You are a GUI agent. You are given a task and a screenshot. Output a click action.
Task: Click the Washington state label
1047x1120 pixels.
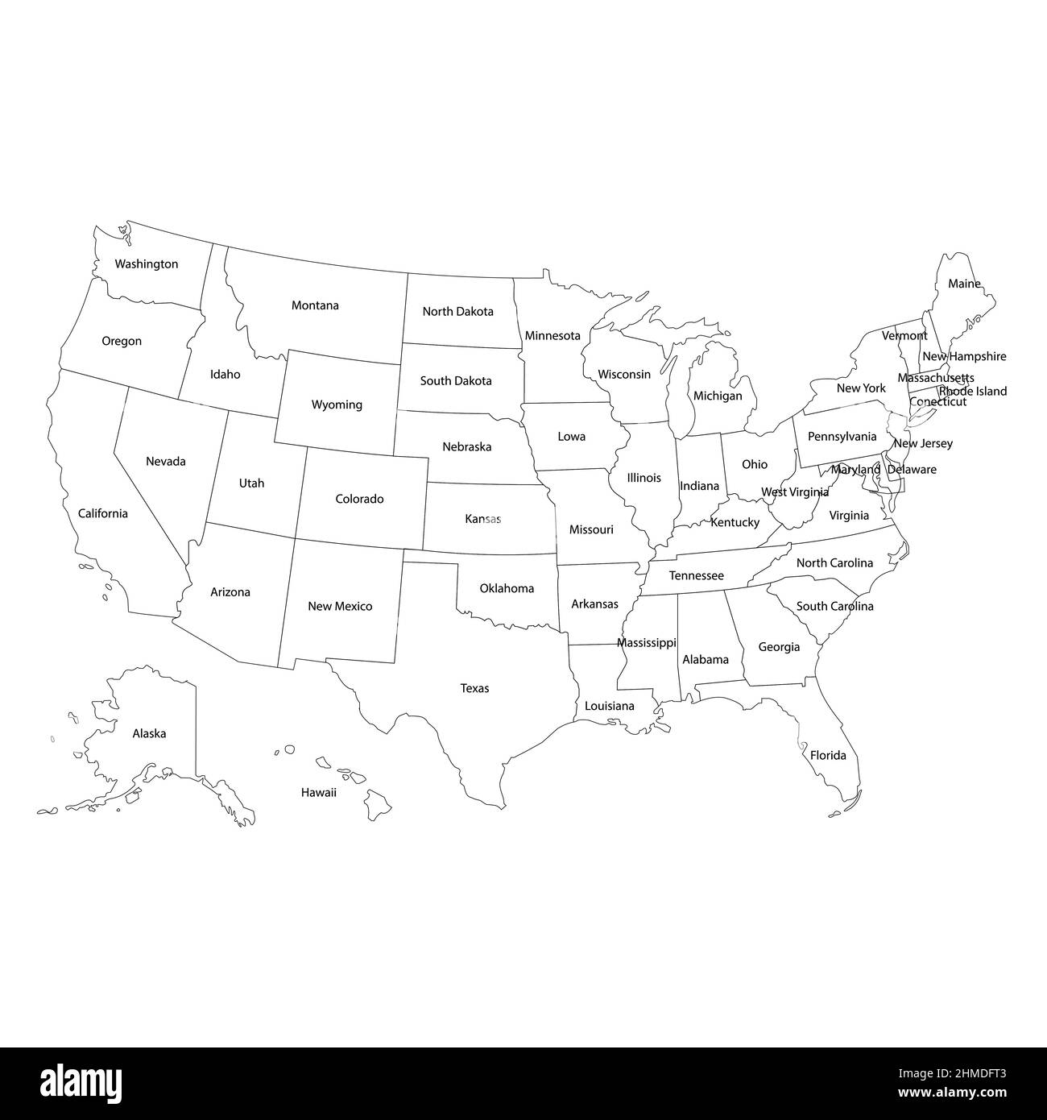coord(146,263)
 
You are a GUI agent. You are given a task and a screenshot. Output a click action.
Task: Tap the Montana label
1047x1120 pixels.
coord(315,305)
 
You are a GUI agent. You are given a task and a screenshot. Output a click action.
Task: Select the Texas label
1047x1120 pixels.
coord(474,688)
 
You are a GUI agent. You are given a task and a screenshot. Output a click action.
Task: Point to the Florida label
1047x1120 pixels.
coord(828,755)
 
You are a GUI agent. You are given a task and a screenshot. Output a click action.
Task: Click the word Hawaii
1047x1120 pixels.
coord(318,793)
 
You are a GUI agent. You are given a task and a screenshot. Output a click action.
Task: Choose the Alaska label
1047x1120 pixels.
coord(149,733)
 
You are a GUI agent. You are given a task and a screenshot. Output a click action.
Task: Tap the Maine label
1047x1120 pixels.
coord(964,284)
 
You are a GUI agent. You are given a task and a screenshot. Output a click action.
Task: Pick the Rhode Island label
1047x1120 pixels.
coord(973,392)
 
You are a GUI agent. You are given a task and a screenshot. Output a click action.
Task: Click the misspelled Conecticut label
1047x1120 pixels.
coord(937,401)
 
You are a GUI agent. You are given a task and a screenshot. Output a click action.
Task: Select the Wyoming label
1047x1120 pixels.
coord(337,404)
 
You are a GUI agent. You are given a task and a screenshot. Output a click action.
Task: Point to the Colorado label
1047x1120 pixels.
coord(359,499)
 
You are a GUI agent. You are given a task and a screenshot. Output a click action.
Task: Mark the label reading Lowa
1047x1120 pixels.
coord(572,437)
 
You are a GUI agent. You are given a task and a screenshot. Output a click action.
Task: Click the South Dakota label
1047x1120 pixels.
coord(456,380)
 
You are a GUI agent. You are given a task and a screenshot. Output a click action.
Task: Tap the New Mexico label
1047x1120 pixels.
coord(340,606)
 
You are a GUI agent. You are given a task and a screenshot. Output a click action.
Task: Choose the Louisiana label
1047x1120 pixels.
coord(609,706)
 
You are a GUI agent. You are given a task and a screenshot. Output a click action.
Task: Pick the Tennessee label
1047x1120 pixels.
coord(696,576)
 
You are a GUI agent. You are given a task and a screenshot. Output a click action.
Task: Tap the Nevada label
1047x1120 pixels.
coord(166,462)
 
